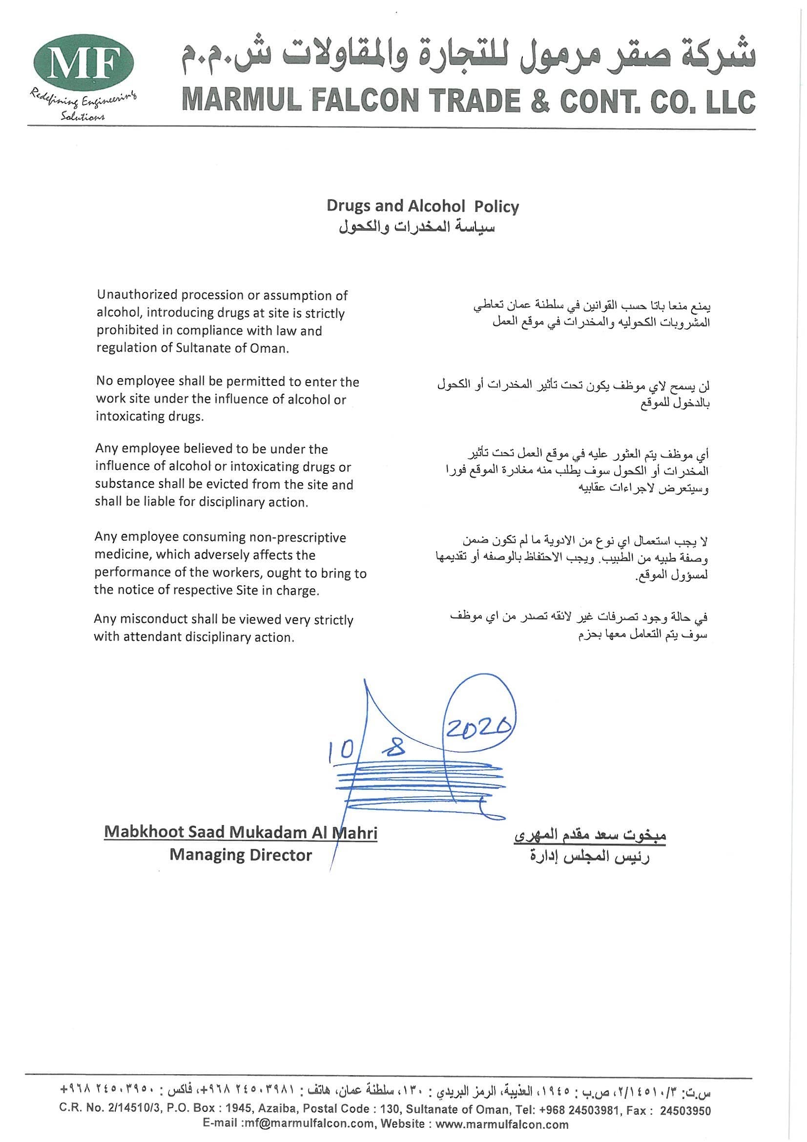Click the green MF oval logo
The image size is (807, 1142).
coord(84,63)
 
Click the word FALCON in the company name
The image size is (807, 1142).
coord(366,100)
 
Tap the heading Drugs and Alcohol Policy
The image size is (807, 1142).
coord(422,207)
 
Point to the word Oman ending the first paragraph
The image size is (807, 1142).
coord(273,348)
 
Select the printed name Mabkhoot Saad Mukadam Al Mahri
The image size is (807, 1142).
coord(240,832)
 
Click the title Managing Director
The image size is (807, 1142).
coord(240,855)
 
